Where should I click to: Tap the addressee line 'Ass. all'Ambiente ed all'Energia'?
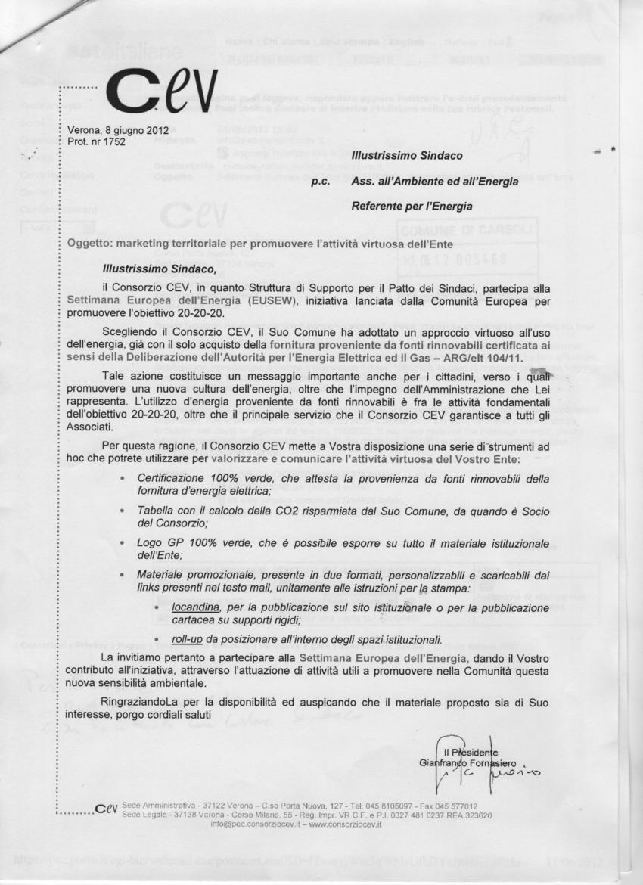pyautogui.click(x=435, y=182)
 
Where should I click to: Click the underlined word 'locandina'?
pyautogui.click(x=197, y=607)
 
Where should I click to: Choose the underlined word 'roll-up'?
pyautogui.click(x=187, y=639)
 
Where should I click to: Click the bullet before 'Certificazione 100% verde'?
pyautogui.click(x=122, y=479)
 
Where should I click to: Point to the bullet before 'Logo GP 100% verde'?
pyautogui.click(x=122, y=544)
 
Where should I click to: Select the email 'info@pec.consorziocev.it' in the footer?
pyautogui.click(x=252, y=825)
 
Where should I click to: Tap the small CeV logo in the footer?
pyautogui.click(x=107, y=810)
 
